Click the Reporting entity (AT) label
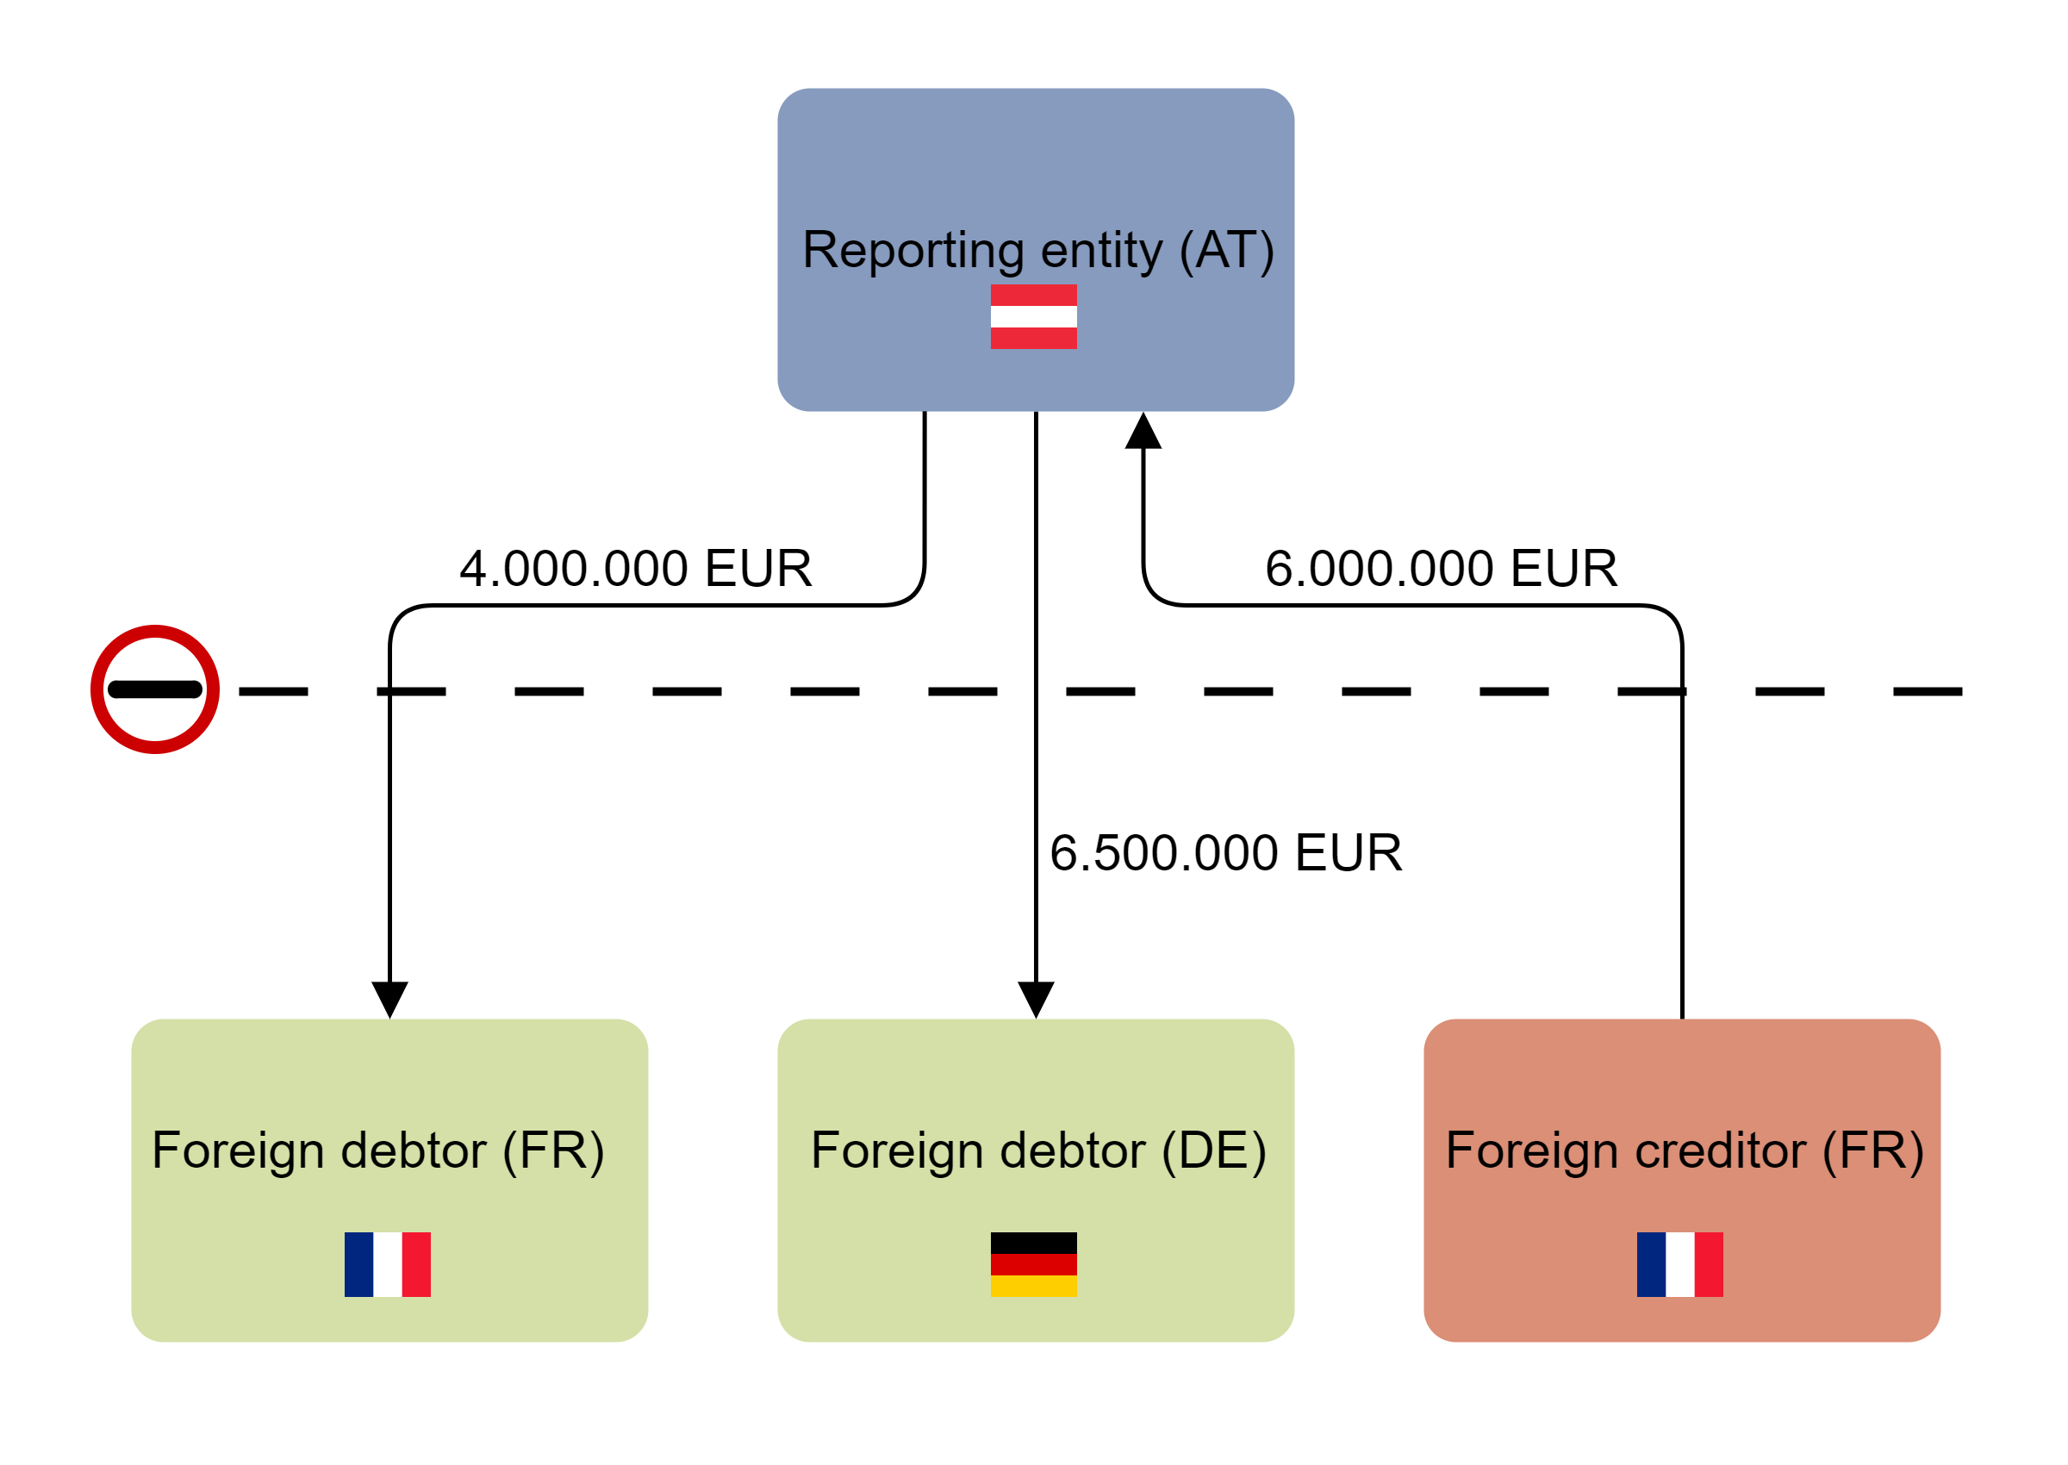click(x=1037, y=250)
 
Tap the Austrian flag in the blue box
click(x=1033, y=316)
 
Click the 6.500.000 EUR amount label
click(x=1225, y=852)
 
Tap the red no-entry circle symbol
click(x=155, y=689)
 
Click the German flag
click(x=1033, y=1264)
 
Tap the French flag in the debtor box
click(x=388, y=1264)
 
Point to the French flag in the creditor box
click(x=1680, y=1264)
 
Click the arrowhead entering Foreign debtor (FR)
click(x=389, y=999)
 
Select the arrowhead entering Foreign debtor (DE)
click(x=1036, y=999)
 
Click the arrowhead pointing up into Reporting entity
click(x=1143, y=432)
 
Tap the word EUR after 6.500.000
click(x=1349, y=852)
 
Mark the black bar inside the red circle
click(x=155, y=690)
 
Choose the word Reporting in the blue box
click(x=913, y=250)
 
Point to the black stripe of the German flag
click(x=1033, y=1243)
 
